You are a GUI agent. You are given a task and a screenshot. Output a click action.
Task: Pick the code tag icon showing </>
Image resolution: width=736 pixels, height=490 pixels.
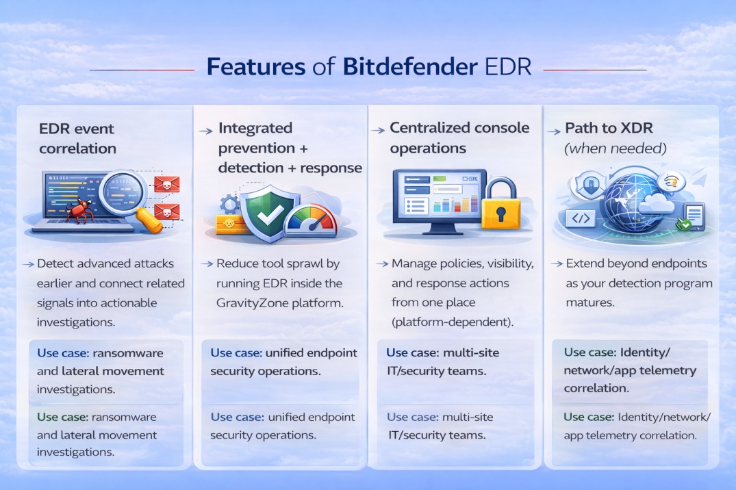[x=579, y=218]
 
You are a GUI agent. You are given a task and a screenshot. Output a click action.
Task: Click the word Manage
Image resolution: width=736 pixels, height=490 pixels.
[x=414, y=263]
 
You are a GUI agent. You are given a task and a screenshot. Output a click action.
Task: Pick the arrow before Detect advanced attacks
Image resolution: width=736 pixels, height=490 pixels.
[x=29, y=263]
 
